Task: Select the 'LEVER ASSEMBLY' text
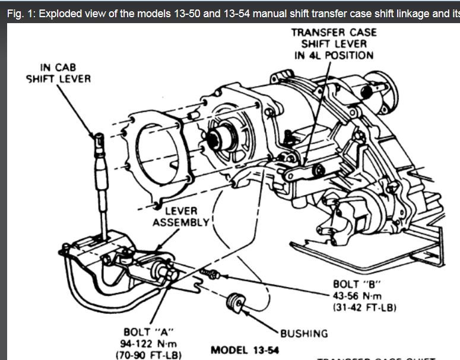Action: coord(181,217)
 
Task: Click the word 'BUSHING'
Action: coord(304,333)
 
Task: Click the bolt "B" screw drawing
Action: coord(211,273)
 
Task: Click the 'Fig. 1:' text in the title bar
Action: coord(21,13)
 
